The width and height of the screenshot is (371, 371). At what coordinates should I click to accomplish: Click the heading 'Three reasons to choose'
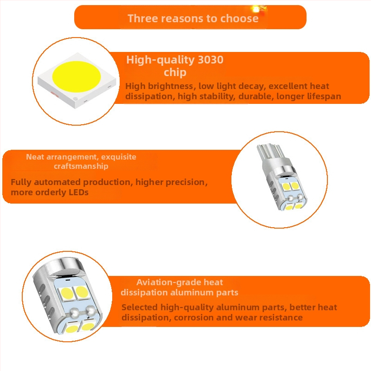[193, 19]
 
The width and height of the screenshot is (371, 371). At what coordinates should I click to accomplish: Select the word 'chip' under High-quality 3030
[175, 73]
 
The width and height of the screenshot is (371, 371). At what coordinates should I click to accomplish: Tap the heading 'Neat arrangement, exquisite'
[81, 157]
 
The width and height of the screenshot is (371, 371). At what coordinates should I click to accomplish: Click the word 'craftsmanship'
[81, 166]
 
